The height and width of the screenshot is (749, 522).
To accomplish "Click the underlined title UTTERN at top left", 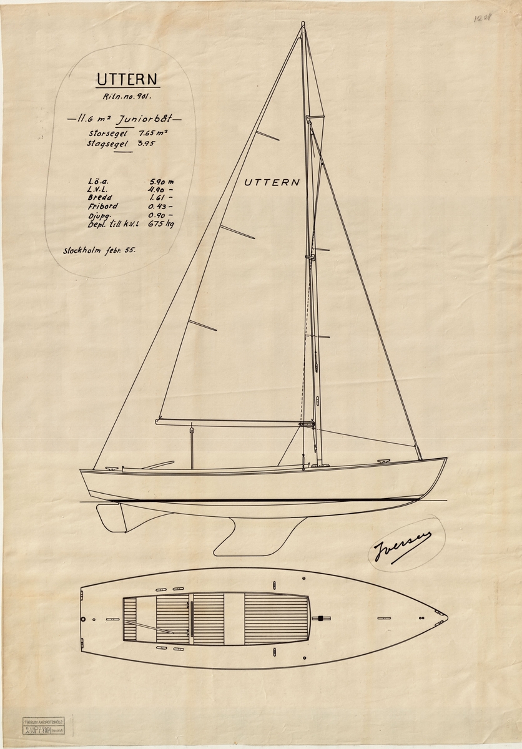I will pos(127,79).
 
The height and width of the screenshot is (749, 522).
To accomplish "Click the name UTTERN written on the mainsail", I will pos(272,182).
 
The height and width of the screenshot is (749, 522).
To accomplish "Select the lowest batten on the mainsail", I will pos(202,325).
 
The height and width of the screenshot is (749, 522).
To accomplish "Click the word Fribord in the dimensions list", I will pos(103,205).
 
